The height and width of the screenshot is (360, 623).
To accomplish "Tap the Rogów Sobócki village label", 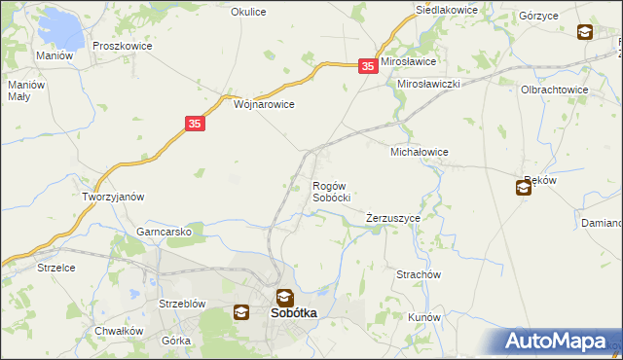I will coord(330,191).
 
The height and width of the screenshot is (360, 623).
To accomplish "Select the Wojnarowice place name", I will coord(264,103).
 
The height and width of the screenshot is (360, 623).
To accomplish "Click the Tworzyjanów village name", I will coord(113,196).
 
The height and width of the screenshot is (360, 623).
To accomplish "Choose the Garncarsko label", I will coord(170,232).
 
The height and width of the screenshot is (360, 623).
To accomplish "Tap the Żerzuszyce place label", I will coord(392,218).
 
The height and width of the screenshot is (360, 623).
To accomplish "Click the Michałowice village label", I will coord(419,152).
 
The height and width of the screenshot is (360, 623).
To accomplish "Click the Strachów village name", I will coord(419,274).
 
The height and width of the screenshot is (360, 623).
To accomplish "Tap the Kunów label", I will coord(425,317).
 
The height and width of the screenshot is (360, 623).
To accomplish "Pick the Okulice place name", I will coord(248,12).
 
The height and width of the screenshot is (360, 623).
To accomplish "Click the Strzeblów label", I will coord(182,304).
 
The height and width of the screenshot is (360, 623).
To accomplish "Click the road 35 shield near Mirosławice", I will coord(367,65).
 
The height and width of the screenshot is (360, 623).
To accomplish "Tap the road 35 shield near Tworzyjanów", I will coord(196,124).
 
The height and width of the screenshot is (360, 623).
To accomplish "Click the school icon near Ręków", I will coord(524,188).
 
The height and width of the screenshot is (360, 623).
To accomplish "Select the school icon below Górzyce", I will coord(584,32).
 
